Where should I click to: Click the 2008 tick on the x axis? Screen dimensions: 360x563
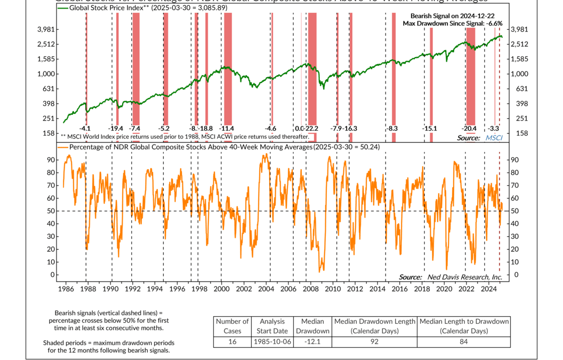click(x=310, y=289)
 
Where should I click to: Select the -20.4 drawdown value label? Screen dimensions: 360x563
click(x=469, y=129)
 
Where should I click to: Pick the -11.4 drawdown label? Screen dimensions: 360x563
click(x=227, y=129)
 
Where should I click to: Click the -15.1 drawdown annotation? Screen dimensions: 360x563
click(x=430, y=129)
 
